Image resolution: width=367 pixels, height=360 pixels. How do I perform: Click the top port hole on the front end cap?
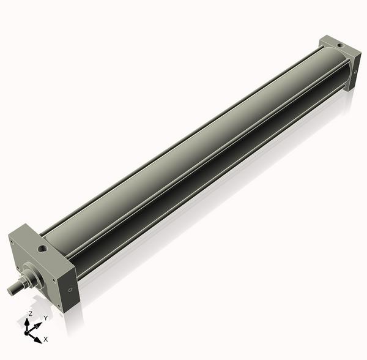tap(42, 249)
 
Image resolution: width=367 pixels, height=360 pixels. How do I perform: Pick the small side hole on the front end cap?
tap(70, 290)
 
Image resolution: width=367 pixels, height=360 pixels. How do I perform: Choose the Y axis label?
tap(45, 318)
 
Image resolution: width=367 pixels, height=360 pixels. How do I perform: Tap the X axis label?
tap(46, 339)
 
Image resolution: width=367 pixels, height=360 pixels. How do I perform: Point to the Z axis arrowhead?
tap(28, 321)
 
